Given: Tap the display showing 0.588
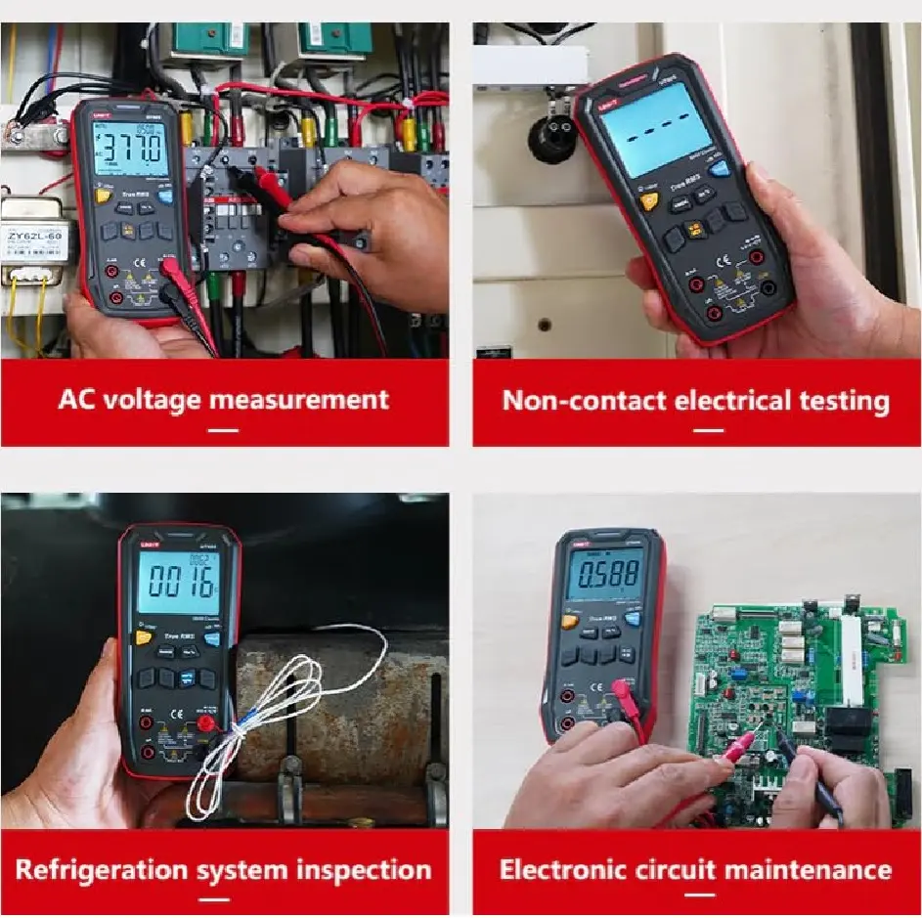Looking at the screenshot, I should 606,577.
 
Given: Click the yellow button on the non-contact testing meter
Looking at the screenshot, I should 649,201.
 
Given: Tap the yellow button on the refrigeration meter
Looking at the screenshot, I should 144,638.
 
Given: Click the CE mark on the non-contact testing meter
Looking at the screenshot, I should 697,261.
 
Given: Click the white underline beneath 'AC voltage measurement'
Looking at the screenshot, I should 224,429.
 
